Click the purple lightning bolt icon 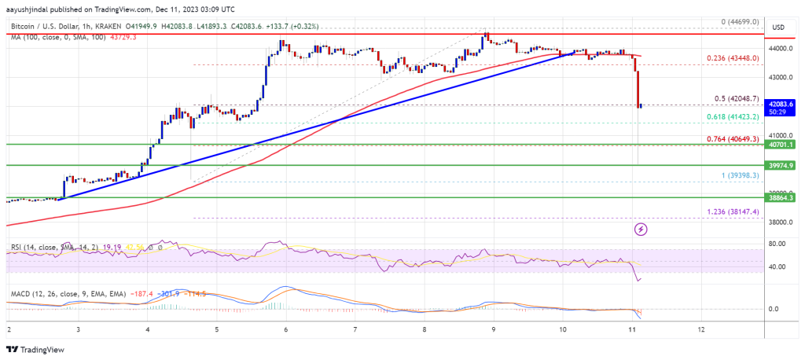[641, 229]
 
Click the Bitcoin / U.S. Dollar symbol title [47, 26]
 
